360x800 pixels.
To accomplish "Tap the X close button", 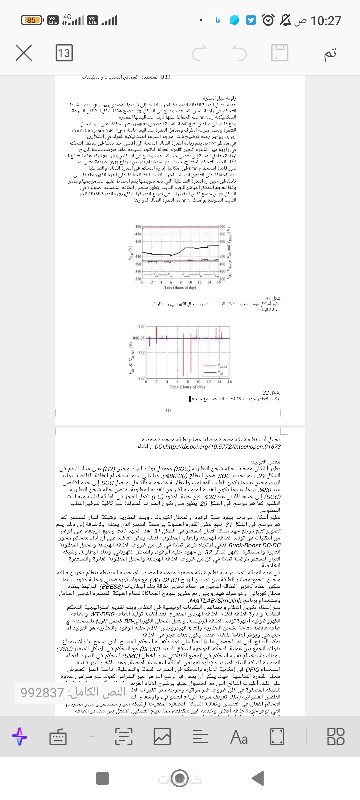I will coord(24,53).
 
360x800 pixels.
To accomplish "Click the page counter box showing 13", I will coord(64,53).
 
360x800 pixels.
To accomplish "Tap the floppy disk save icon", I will coord(280,53).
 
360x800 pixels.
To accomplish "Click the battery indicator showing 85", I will coord(32,20).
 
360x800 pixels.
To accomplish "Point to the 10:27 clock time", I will coord(326,21).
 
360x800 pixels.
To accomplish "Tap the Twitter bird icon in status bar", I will coord(251,20).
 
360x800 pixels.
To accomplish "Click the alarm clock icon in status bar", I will coord(268,20).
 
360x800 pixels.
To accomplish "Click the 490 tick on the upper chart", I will coord(138,227).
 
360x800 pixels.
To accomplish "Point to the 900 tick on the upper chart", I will coord(222,227).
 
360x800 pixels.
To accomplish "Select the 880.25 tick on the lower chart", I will coord(139,338).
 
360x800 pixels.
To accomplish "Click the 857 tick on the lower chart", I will coord(141,378).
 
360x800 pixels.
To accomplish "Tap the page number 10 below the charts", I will coord(168,411).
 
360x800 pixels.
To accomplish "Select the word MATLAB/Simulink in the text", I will coord(215,601).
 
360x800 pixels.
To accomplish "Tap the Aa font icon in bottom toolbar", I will coord(239,737).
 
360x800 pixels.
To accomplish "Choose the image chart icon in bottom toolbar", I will coord(162,737).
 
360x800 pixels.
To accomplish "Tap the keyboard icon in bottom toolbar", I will coord(58,737).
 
